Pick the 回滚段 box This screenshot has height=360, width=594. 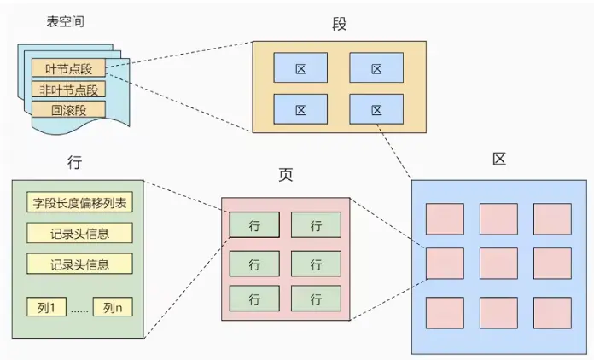tap(68, 110)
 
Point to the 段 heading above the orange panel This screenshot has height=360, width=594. tap(340, 24)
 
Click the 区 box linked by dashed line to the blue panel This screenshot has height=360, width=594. tap(376, 109)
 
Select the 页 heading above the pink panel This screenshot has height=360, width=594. tap(286, 175)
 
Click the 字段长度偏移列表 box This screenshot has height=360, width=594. tap(79, 203)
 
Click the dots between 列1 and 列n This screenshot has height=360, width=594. tap(79, 309)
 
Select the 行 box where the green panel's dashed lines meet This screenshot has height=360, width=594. tap(253, 225)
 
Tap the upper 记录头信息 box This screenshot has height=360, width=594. tap(79, 233)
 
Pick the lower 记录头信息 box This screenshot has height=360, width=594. tap(79, 263)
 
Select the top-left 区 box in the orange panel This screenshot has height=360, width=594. tap(300, 67)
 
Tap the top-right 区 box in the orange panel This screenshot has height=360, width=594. tap(376, 67)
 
